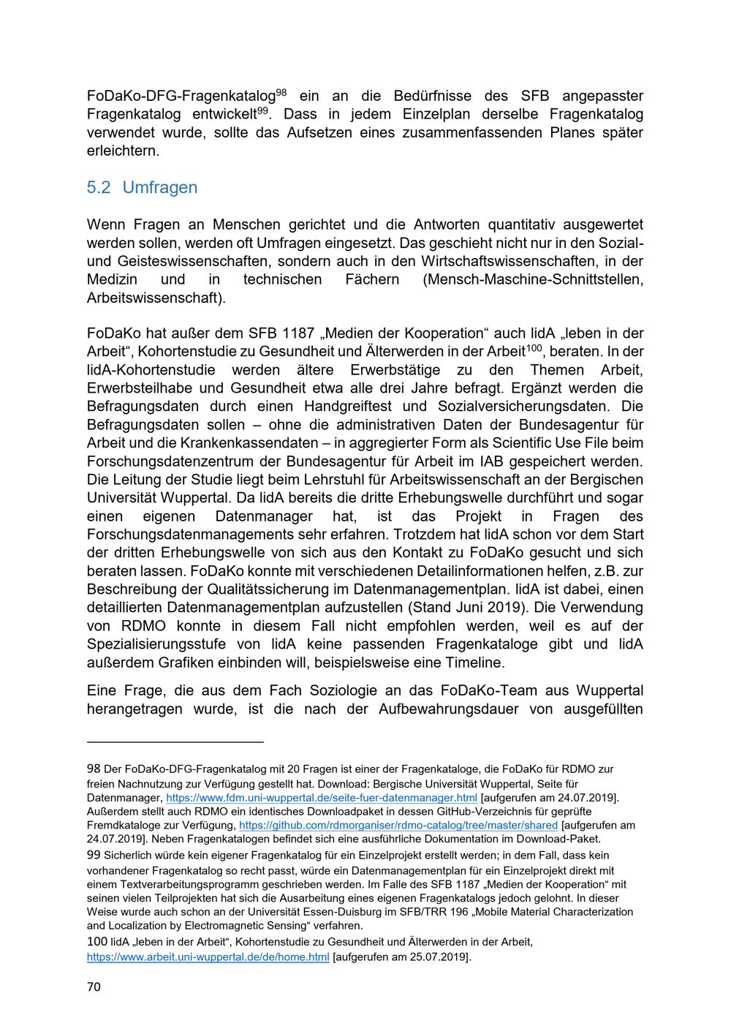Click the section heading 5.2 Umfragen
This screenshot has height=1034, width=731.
pos(142,188)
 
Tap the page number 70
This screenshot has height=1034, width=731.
pos(94,986)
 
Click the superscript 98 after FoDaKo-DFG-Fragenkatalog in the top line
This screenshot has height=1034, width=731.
pos(281,92)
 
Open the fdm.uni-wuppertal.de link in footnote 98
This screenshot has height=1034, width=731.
pos(322,797)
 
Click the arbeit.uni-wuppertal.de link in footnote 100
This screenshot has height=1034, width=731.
pos(208,956)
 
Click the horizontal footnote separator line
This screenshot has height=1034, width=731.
pos(175,742)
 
